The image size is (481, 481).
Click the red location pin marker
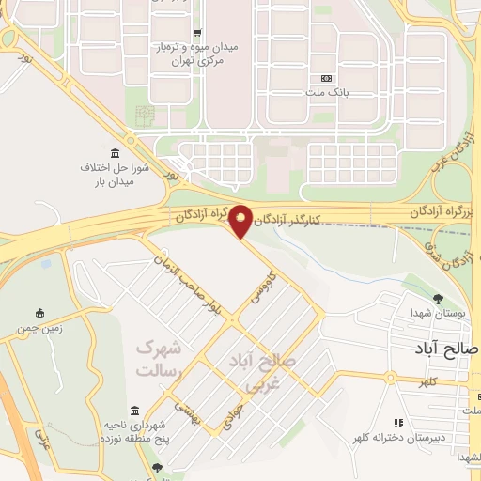tap(241, 220)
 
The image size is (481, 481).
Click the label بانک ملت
tap(327, 93)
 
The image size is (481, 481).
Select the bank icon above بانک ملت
tap(327, 78)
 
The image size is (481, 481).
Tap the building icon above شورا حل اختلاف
tap(115, 153)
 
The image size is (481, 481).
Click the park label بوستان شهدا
tap(432, 313)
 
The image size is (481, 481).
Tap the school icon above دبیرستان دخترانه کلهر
tap(398, 424)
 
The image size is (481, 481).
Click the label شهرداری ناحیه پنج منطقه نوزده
tap(136, 433)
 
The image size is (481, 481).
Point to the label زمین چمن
tap(35, 330)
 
